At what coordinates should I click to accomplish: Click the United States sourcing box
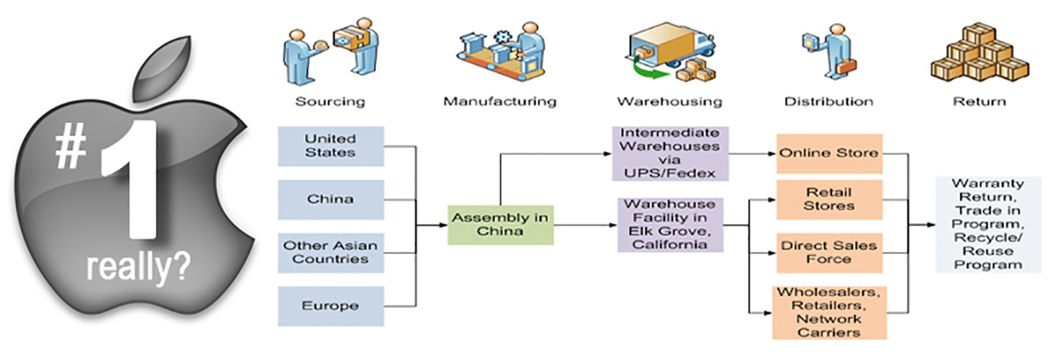pos(330,146)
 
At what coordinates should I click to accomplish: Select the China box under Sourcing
pos(330,199)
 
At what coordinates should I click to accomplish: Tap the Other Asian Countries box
pos(330,252)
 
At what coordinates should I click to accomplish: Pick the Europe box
pos(330,305)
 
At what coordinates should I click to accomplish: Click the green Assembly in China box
pos(500,225)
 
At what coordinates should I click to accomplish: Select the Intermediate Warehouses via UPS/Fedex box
pos(670,153)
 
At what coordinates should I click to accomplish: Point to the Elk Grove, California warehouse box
pos(670,225)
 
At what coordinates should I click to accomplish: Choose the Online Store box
pos(828,153)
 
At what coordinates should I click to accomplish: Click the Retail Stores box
pos(828,199)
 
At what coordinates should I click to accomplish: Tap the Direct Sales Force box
pos(828,252)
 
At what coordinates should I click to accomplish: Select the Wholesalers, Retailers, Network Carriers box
pos(829,313)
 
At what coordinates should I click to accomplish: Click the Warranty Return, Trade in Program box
pos(987,225)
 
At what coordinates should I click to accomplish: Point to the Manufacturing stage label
pos(499,102)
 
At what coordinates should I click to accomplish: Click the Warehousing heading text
pos(669,102)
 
